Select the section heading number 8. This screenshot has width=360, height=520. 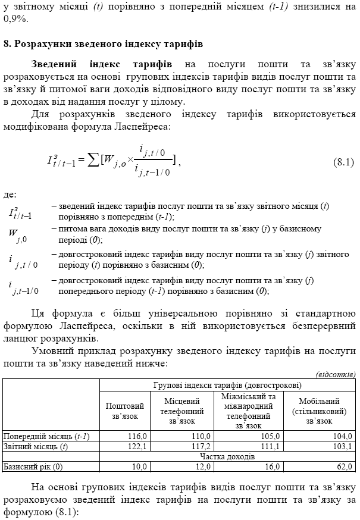(7, 44)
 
